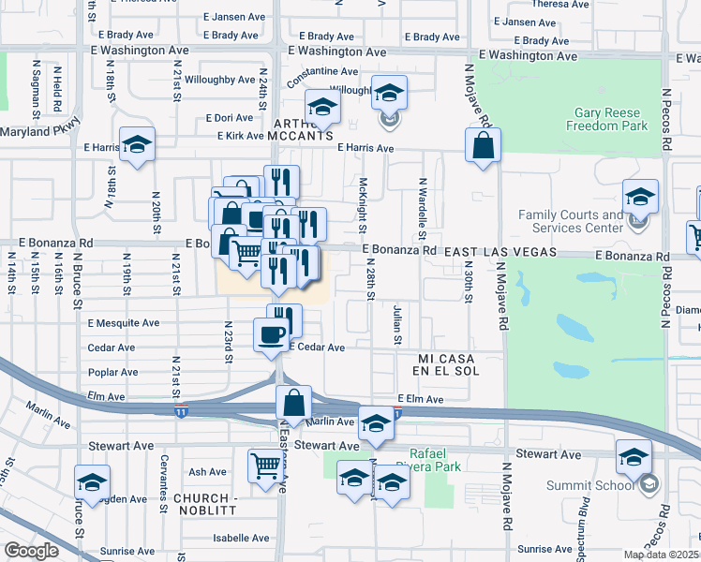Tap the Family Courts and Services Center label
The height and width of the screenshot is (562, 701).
[571, 221]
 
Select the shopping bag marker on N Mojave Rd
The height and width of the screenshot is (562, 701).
[483, 145]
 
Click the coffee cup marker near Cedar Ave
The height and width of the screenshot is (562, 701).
[272, 333]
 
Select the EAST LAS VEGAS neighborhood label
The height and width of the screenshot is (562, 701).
[500, 253]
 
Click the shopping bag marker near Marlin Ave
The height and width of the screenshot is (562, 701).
[294, 404]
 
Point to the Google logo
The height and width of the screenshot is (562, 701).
[31, 550]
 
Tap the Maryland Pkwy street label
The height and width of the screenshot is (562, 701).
[40, 131]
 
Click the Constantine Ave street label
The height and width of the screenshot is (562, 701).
[322, 72]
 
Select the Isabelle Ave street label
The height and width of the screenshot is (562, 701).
[242, 538]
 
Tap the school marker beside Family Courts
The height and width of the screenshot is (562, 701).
[640, 197]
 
